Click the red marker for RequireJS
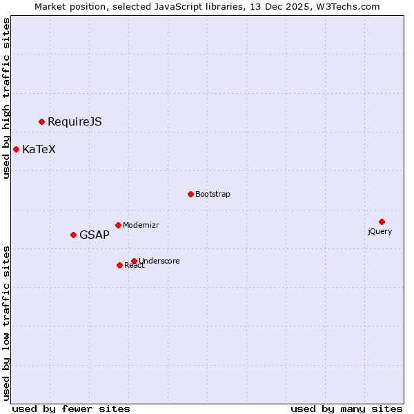click(x=41, y=121)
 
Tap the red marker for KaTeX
click(x=16, y=149)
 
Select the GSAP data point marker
click(x=73, y=235)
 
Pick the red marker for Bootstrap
click(x=190, y=194)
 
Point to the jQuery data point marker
click(x=382, y=221)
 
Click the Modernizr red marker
click(x=118, y=225)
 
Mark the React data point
click(x=119, y=265)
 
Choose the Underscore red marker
click(x=134, y=261)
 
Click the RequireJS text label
click(x=75, y=122)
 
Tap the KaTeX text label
click(x=39, y=150)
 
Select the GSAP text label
click(x=94, y=235)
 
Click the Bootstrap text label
click(x=213, y=195)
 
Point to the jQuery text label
click(x=379, y=232)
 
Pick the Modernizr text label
click(x=142, y=226)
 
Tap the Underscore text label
click(x=159, y=262)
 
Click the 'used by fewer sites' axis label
click(x=71, y=408)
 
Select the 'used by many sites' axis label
click(x=346, y=408)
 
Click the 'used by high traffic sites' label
click(x=7, y=98)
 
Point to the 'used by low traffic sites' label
click(x=7, y=322)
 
